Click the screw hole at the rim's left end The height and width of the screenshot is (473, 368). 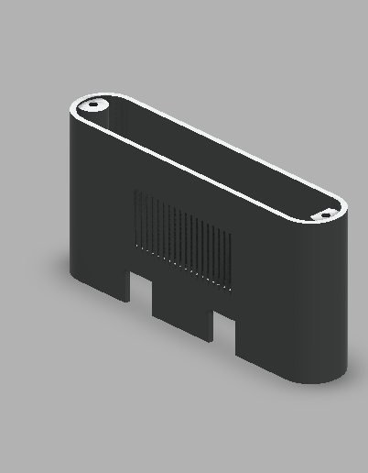click(x=92, y=106)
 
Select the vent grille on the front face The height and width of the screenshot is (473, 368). click(x=182, y=237)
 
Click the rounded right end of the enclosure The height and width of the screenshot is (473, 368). click(x=330, y=302)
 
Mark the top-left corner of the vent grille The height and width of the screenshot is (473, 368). click(x=135, y=191)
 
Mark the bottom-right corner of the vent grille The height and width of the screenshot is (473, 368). click(x=230, y=291)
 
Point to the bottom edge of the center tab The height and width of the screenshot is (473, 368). click(x=182, y=332)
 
